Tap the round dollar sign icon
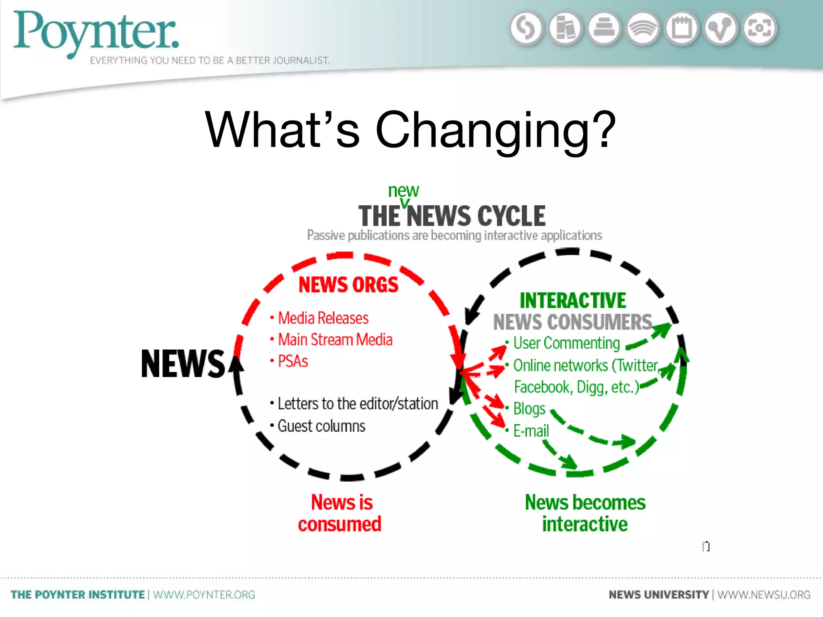click(x=526, y=29)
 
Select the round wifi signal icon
click(x=643, y=29)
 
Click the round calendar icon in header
click(x=682, y=29)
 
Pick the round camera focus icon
click(x=760, y=29)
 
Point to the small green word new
click(x=403, y=190)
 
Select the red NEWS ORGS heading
click(x=348, y=285)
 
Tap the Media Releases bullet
click(x=323, y=318)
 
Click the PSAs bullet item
click(x=293, y=361)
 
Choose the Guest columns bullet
click(x=321, y=426)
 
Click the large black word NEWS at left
click(x=183, y=364)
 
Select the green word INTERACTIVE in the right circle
click(x=573, y=300)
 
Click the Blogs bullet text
click(x=529, y=409)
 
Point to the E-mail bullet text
click(x=531, y=431)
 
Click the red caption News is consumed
click(x=340, y=513)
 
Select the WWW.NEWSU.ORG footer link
click(x=764, y=595)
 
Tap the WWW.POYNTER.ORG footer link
click(x=204, y=595)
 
